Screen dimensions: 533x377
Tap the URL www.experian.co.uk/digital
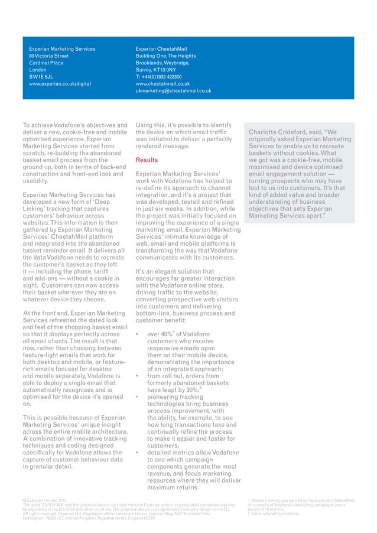pos(60,84)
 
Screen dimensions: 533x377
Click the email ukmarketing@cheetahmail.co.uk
pos(173,91)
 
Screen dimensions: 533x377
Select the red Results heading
pos(147,160)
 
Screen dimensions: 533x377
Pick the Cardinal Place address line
pos(47,63)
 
